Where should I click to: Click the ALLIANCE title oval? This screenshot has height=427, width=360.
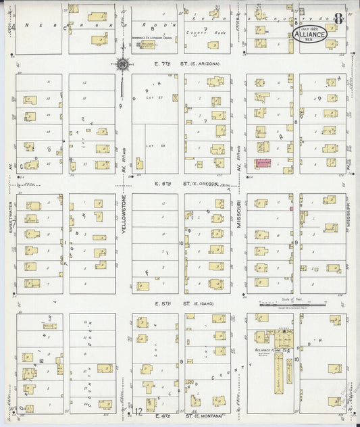click(310, 33)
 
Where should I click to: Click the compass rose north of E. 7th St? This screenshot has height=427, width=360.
click(123, 65)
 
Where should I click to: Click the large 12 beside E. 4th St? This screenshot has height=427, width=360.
click(138, 411)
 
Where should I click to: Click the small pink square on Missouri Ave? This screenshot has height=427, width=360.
click(292, 209)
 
